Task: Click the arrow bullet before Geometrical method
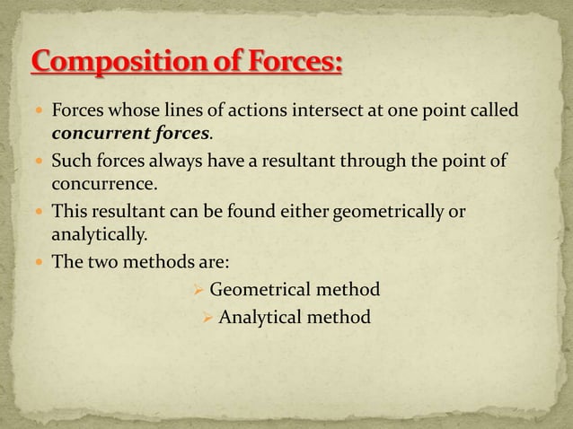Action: tap(198, 290)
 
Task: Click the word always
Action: tap(179, 162)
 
